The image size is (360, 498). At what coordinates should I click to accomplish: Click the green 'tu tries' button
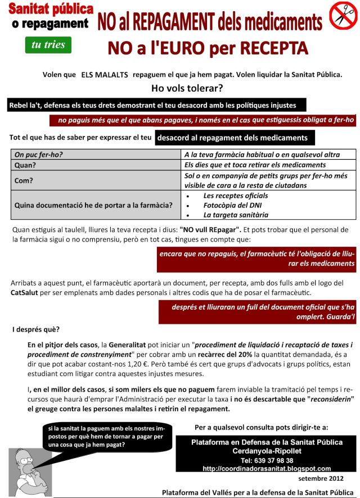(48, 44)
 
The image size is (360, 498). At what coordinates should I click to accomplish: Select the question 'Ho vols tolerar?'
(187, 88)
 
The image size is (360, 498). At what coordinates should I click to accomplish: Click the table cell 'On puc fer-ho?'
(38, 155)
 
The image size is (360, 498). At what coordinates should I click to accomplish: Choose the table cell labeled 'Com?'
(24, 180)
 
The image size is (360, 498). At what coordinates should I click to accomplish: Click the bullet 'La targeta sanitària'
(236, 215)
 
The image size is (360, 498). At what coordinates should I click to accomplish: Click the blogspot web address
(266, 468)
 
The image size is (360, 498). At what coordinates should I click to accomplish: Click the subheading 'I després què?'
(35, 329)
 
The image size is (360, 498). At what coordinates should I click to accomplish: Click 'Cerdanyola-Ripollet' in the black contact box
(266, 451)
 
